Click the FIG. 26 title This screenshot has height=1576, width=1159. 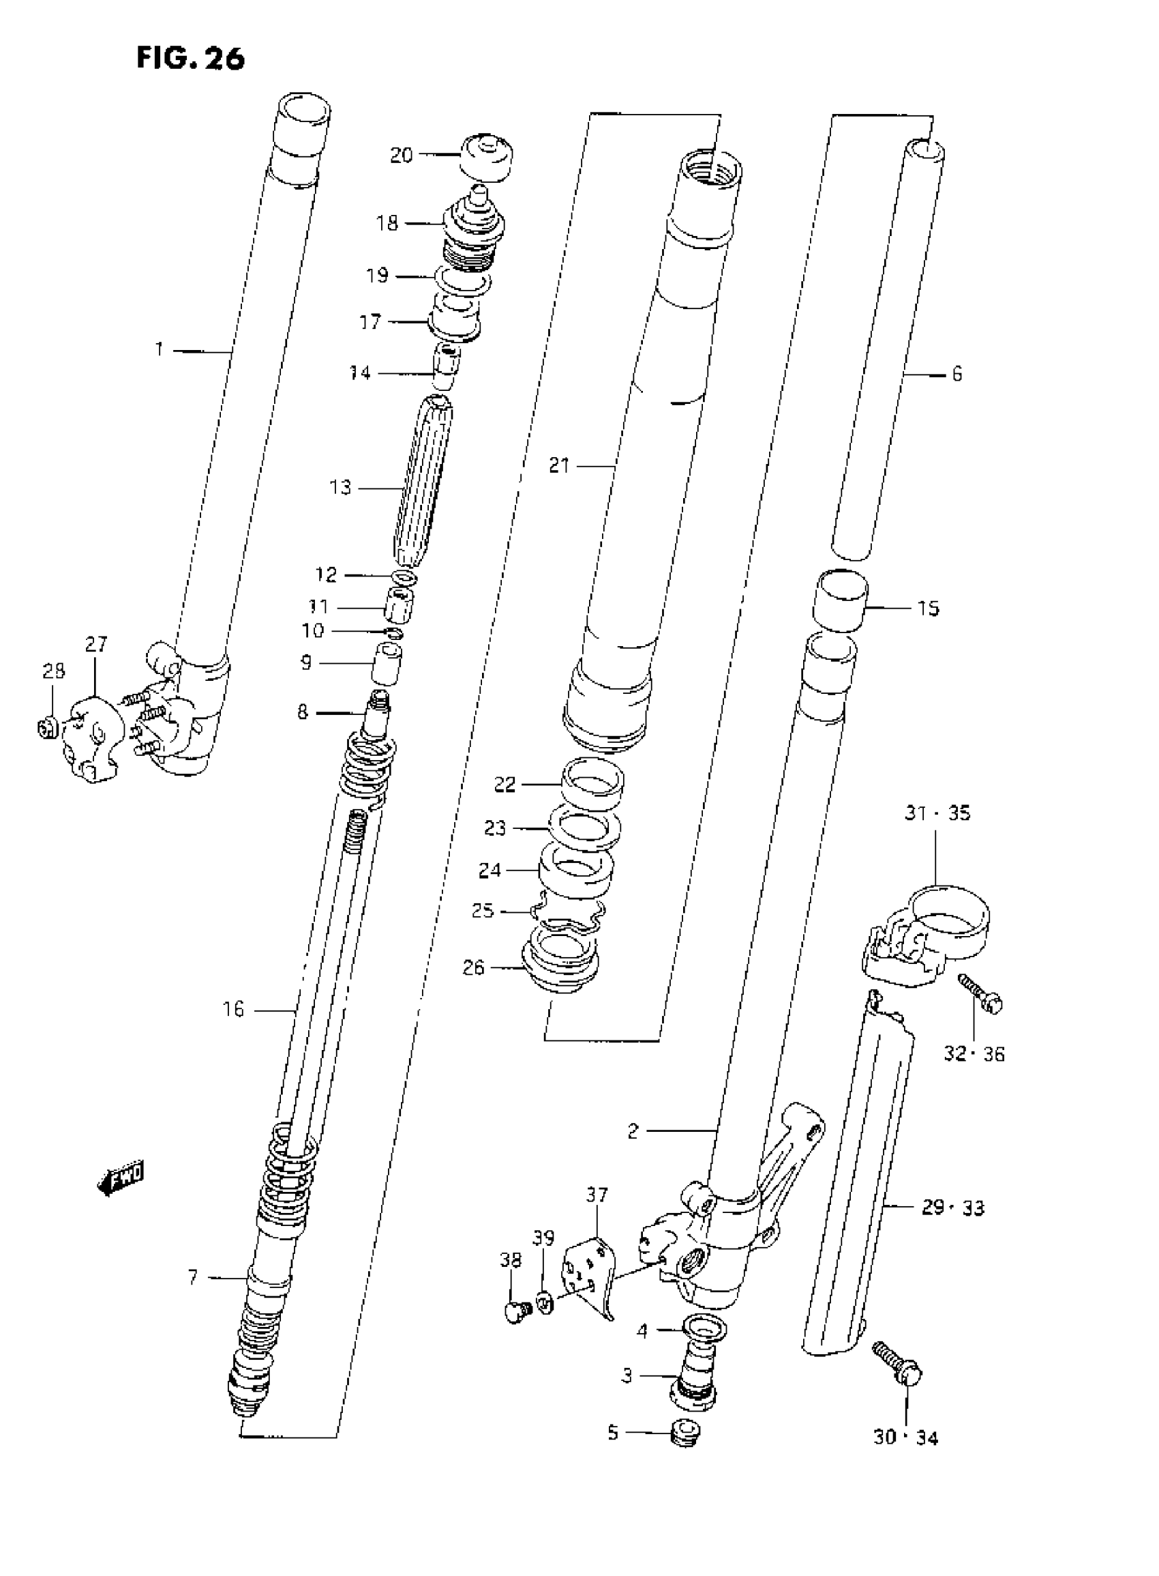pos(190,57)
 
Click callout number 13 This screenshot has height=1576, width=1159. pos(340,487)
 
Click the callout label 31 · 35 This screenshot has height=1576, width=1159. pos(937,813)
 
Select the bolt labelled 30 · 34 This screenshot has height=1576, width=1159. pos(899,1360)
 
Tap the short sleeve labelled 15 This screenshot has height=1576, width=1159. pos(840,601)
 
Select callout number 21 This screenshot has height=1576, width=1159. pos(559,465)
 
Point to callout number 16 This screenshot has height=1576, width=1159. pos(234,1010)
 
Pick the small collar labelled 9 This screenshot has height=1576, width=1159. pos(386,662)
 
